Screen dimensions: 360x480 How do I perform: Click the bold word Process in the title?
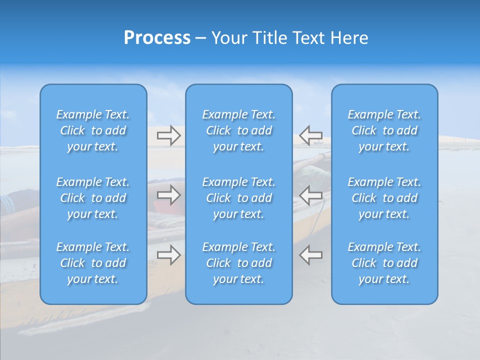pos(157,38)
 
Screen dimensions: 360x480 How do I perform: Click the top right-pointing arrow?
pos(168,135)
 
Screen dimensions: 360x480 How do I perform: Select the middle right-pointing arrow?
pos(168,195)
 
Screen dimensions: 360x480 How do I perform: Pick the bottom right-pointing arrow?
pos(168,255)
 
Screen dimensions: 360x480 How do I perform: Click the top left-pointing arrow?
pos(311,135)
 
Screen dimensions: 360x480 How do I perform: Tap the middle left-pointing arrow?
pos(311,195)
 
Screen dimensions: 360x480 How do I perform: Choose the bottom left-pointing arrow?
pos(311,255)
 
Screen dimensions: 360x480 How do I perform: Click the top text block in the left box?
pos(93,130)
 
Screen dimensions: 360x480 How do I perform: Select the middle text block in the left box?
pos(93,198)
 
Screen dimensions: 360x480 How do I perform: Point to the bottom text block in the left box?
pos(93,263)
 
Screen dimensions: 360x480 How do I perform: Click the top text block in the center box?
pos(239,130)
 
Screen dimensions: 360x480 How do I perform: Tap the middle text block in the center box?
pos(239,198)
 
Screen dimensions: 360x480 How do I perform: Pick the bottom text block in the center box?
pos(239,263)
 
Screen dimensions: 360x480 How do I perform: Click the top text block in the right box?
pos(384,130)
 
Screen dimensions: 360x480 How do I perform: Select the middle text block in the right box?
pos(384,198)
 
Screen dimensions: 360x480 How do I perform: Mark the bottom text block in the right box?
pos(384,263)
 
